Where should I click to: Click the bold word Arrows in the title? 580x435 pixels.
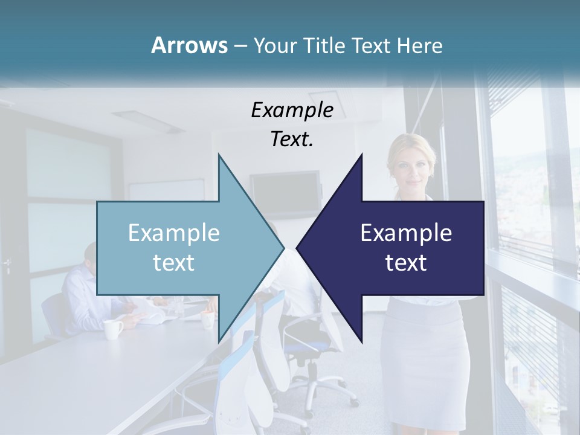pos(188,45)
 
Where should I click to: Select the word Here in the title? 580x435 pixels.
pos(419,46)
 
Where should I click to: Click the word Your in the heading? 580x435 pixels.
pos(274,46)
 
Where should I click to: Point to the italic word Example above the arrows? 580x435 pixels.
pos(292,110)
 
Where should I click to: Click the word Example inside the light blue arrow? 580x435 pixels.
pos(174,233)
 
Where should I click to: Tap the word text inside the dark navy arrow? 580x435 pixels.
pos(406,263)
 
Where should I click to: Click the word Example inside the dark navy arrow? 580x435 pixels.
pos(406,233)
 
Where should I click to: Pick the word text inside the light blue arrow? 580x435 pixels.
pos(174,263)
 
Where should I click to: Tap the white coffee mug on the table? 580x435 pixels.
pos(113,329)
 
